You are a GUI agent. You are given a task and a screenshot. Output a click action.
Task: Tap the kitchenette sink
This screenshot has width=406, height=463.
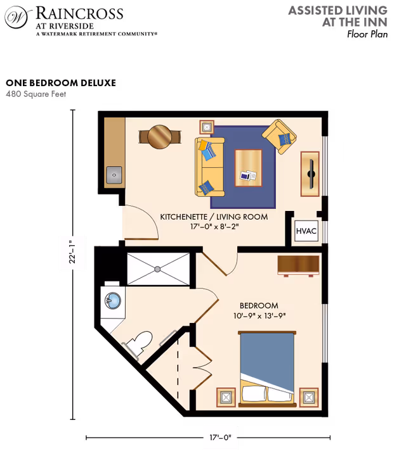click(x=114, y=173)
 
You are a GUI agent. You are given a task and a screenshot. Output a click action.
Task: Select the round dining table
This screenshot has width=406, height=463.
click(x=160, y=136)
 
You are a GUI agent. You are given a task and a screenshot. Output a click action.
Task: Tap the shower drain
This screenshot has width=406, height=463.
click(x=157, y=269)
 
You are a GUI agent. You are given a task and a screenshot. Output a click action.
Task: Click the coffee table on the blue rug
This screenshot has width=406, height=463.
click(x=248, y=168)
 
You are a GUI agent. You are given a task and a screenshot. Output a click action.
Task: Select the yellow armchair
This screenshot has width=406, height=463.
click(x=279, y=136)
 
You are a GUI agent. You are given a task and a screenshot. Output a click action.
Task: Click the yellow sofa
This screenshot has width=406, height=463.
click(x=209, y=167)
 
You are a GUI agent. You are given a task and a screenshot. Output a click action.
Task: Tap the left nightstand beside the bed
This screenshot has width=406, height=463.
click(x=226, y=398)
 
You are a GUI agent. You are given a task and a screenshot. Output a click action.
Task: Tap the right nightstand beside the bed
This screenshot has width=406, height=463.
click(x=308, y=397)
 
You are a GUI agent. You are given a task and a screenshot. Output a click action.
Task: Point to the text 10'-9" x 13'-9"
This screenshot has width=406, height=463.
click(x=256, y=315)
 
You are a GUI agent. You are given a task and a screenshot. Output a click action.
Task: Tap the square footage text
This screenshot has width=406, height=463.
click(x=36, y=94)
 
